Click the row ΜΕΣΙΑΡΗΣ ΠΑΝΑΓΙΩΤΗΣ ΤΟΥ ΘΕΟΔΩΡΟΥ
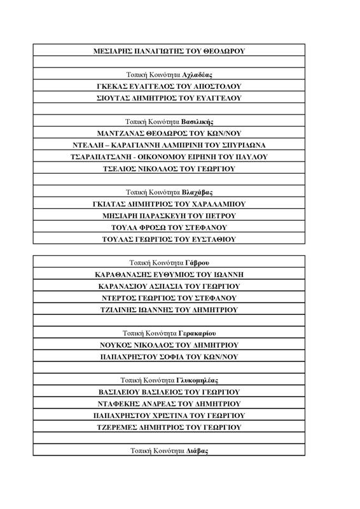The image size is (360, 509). tap(169, 50)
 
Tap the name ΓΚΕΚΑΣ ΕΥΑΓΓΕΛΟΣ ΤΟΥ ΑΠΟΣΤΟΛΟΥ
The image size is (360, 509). tap(169, 86)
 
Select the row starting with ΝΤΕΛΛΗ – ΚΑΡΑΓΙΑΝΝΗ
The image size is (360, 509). tap(169, 145)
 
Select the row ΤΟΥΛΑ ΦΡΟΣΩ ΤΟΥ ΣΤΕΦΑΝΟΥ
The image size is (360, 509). tap(169, 227)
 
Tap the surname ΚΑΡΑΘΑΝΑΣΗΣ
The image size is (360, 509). tap(125, 274)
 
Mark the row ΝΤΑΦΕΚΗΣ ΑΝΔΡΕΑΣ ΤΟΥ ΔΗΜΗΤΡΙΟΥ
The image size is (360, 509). tap(169, 403)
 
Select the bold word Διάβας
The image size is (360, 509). tap(198, 450)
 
